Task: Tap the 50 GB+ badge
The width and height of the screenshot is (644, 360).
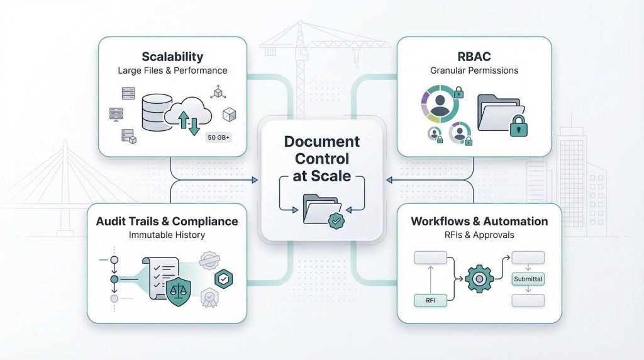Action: tap(218, 137)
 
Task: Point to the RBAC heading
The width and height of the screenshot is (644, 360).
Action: tap(474, 56)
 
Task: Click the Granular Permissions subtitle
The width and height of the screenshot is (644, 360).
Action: tap(474, 70)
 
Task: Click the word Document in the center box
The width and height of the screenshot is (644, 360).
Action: tap(321, 142)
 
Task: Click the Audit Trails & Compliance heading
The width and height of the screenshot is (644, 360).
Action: tap(167, 222)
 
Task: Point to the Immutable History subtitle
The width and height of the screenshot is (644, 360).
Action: tap(167, 235)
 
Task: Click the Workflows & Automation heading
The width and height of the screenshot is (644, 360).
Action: tap(479, 222)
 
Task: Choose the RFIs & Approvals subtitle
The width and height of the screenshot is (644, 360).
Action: tap(479, 235)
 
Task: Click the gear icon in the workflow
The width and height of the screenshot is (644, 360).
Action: tap(478, 277)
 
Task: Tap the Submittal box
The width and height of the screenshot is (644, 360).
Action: tap(528, 279)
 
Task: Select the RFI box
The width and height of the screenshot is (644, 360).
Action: tap(431, 300)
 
